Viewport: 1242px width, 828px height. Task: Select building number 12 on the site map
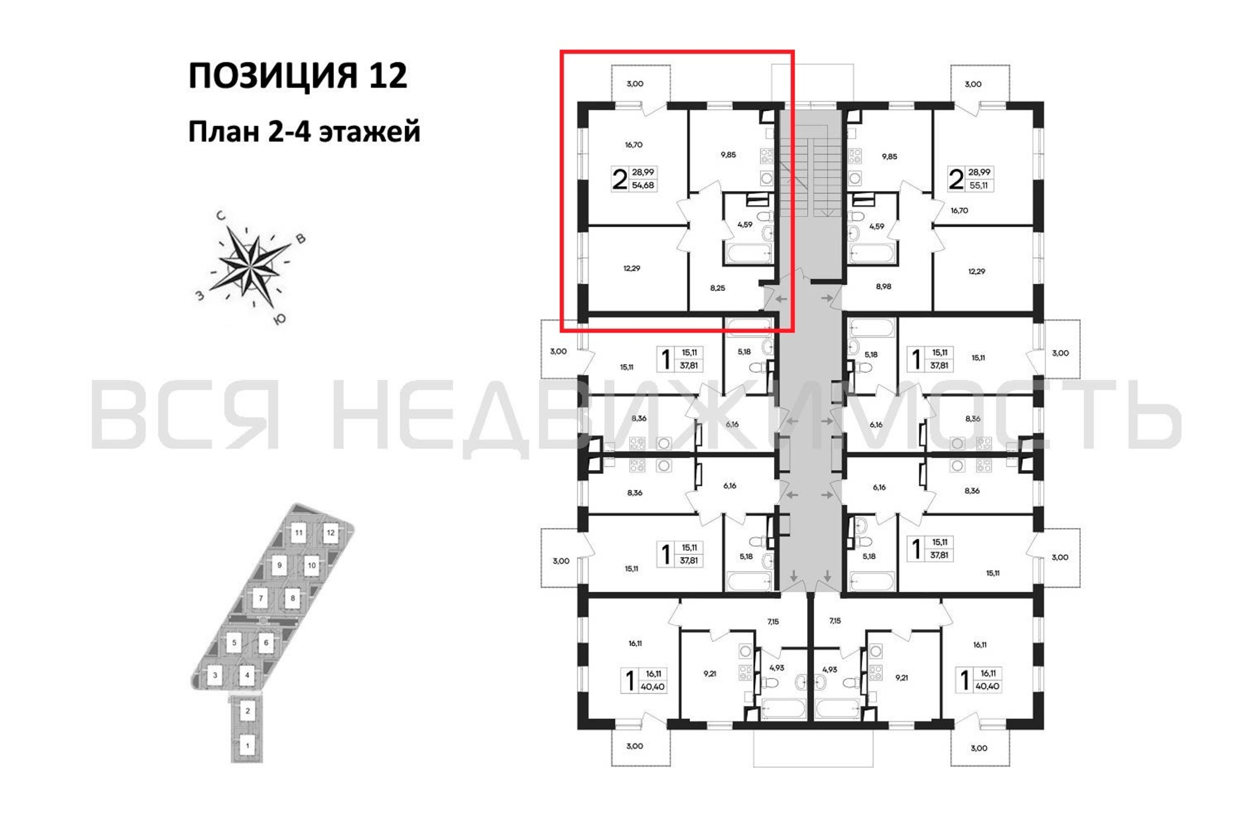(x=330, y=533)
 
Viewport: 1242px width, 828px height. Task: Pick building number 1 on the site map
(x=247, y=746)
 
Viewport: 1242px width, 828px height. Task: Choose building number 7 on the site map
(x=260, y=599)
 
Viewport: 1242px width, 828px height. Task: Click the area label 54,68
(x=643, y=185)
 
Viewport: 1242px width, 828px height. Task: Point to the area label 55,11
(x=979, y=185)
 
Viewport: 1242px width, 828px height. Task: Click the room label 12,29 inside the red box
(x=632, y=268)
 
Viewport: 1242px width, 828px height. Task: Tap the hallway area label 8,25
(x=717, y=288)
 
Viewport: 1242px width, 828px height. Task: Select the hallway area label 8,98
(x=883, y=287)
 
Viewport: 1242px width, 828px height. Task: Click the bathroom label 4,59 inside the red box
(x=744, y=224)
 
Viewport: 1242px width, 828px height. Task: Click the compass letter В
(x=301, y=239)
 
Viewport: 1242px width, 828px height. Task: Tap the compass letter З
(x=200, y=296)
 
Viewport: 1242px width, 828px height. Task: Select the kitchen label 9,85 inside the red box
(x=728, y=155)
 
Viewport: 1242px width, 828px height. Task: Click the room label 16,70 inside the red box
(x=634, y=144)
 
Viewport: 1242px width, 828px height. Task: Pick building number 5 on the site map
(x=234, y=643)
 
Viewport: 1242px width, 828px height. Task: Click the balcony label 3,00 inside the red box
(x=635, y=84)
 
